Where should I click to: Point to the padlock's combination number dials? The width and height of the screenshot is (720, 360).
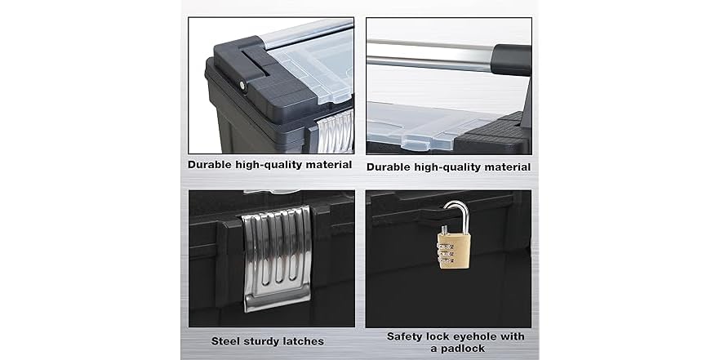[447, 254]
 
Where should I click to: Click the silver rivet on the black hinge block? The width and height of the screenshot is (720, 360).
[242, 86]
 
